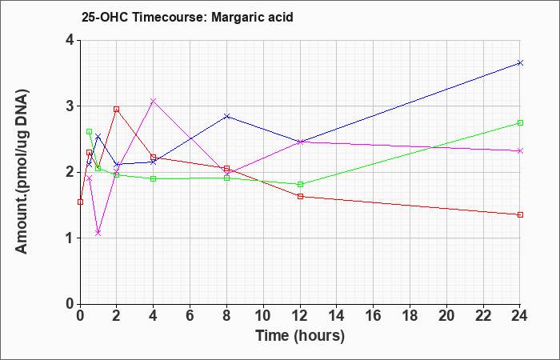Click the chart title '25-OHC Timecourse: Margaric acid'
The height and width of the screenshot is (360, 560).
pyautogui.click(x=187, y=17)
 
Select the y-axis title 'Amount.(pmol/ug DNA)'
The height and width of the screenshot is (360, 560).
pyautogui.click(x=22, y=172)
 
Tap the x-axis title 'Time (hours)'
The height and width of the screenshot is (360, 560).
pyautogui.click(x=300, y=336)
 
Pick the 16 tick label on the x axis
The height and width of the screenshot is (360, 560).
pyautogui.click(x=374, y=316)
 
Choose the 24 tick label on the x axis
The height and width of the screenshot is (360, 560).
pyautogui.click(x=520, y=316)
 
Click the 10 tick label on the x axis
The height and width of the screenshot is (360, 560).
pyautogui.click(x=263, y=316)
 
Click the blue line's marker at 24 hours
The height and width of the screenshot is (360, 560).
pyautogui.click(x=520, y=63)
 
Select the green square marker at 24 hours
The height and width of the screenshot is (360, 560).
pyautogui.click(x=520, y=123)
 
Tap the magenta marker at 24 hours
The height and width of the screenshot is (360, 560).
pyautogui.click(x=520, y=150)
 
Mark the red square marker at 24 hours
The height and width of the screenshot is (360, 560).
pyautogui.click(x=520, y=214)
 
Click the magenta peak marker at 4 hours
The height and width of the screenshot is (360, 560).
pyautogui.click(x=154, y=101)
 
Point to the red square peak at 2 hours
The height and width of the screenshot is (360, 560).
pyautogui.click(x=117, y=110)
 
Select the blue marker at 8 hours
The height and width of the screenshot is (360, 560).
pyautogui.click(x=226, y=117)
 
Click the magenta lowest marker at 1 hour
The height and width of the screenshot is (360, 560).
pyautogui.click(x=98, y=234)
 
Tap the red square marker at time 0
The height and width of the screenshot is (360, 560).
pyautogui.click(x=80, y=202)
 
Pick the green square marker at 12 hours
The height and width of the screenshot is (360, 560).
pyautogui.click(x=300, y=184)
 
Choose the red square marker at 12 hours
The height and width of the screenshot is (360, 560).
pyautogui.click(x=300, y=197)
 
